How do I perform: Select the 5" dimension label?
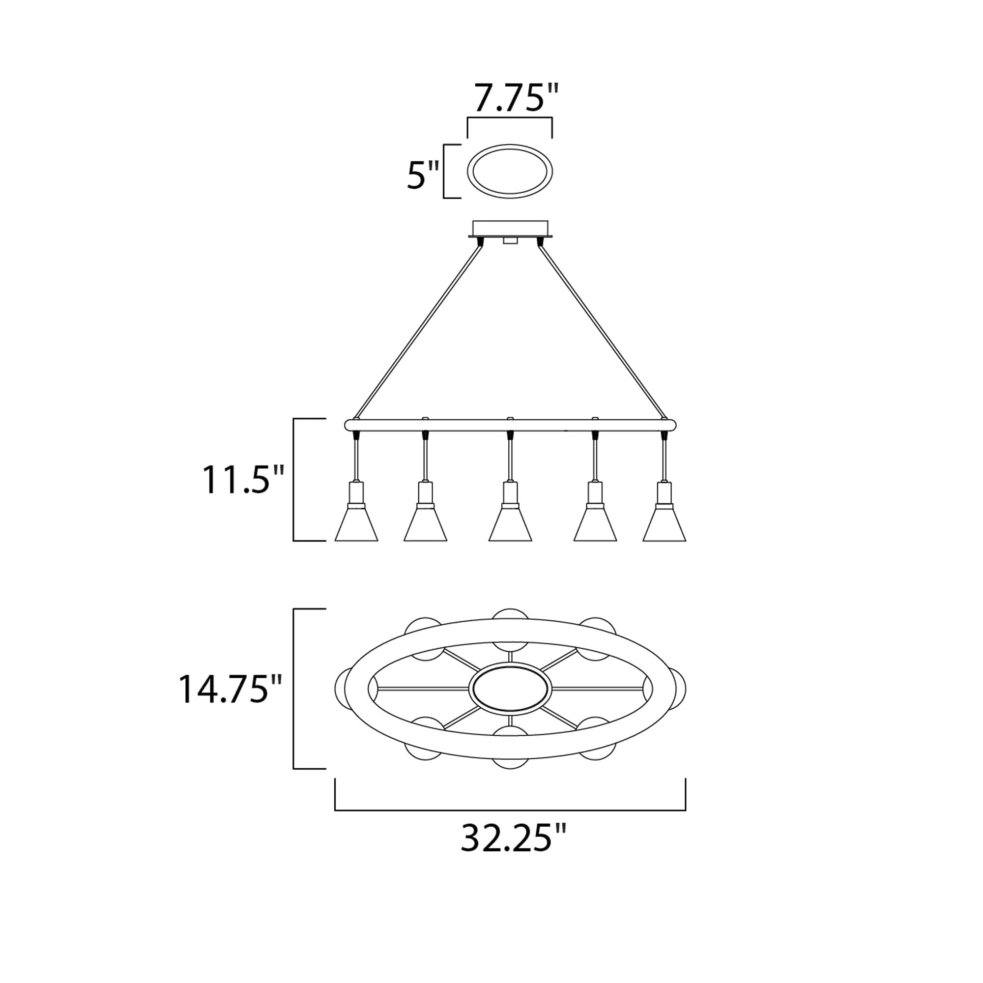422,174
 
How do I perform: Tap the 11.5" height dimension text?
243,479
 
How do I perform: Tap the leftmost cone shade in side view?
356,523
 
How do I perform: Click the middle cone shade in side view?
510,523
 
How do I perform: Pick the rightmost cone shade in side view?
664,523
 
